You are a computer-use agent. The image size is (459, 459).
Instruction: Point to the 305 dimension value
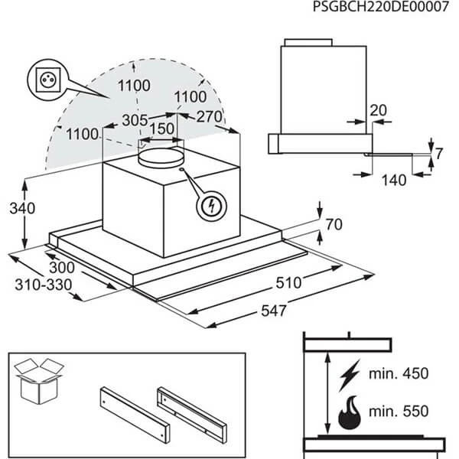point(135,120)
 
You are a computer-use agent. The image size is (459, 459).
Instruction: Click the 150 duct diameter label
point(161,129)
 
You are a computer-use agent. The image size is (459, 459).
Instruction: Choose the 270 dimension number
point(209,117)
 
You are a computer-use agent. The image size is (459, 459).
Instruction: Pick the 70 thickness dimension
point(334,226)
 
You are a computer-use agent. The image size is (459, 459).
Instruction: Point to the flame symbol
point(350,412)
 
